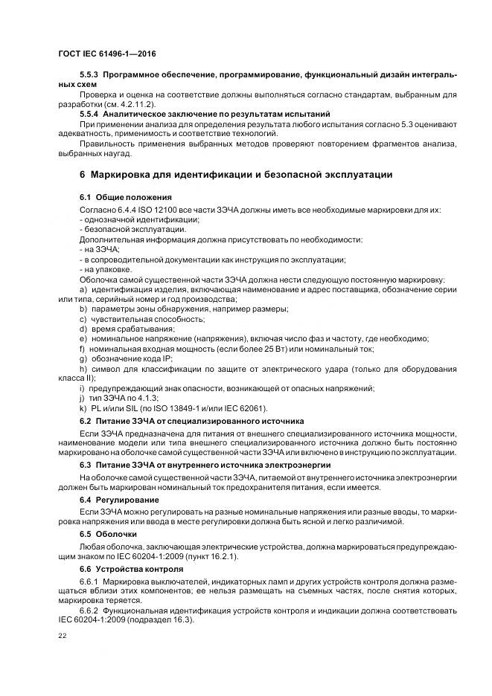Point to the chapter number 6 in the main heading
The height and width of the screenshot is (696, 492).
click(x=83, y=175)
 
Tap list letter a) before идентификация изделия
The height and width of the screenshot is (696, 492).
click(x=83, y=289)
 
